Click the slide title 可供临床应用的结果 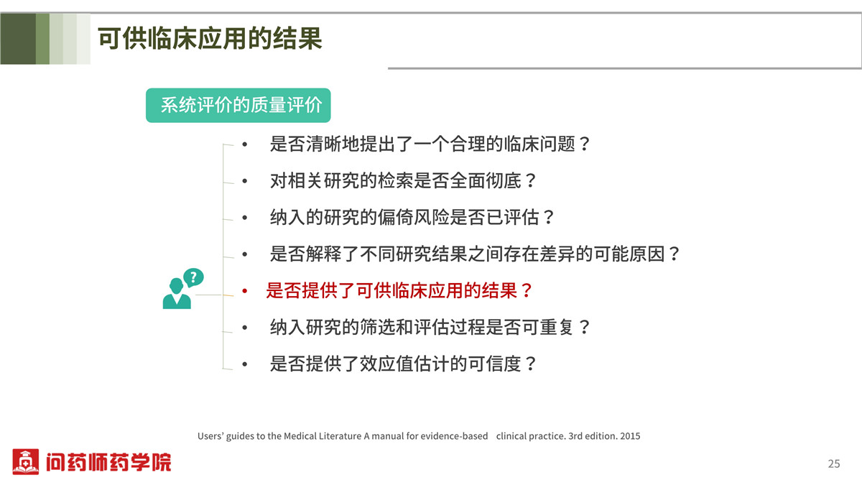pos(210,39)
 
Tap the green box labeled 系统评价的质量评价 pos(238,106)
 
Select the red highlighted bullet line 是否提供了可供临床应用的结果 pos(399,290)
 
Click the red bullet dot pos(244,291)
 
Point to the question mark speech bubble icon pos(193,277)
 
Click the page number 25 pos(834,463)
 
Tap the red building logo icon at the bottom pos(25,461)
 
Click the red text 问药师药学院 pos(108,462)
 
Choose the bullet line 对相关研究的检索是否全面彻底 pos(403,181)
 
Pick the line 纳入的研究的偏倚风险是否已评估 pos(412,218)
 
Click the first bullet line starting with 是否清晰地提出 pos(430,144)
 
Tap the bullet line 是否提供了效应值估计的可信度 pos(403,364)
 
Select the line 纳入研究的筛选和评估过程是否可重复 pos(430,327)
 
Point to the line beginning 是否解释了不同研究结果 pos(475,254)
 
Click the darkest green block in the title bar pos(18,39)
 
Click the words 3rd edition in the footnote pos(593,436)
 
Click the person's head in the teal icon pos(176,286)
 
